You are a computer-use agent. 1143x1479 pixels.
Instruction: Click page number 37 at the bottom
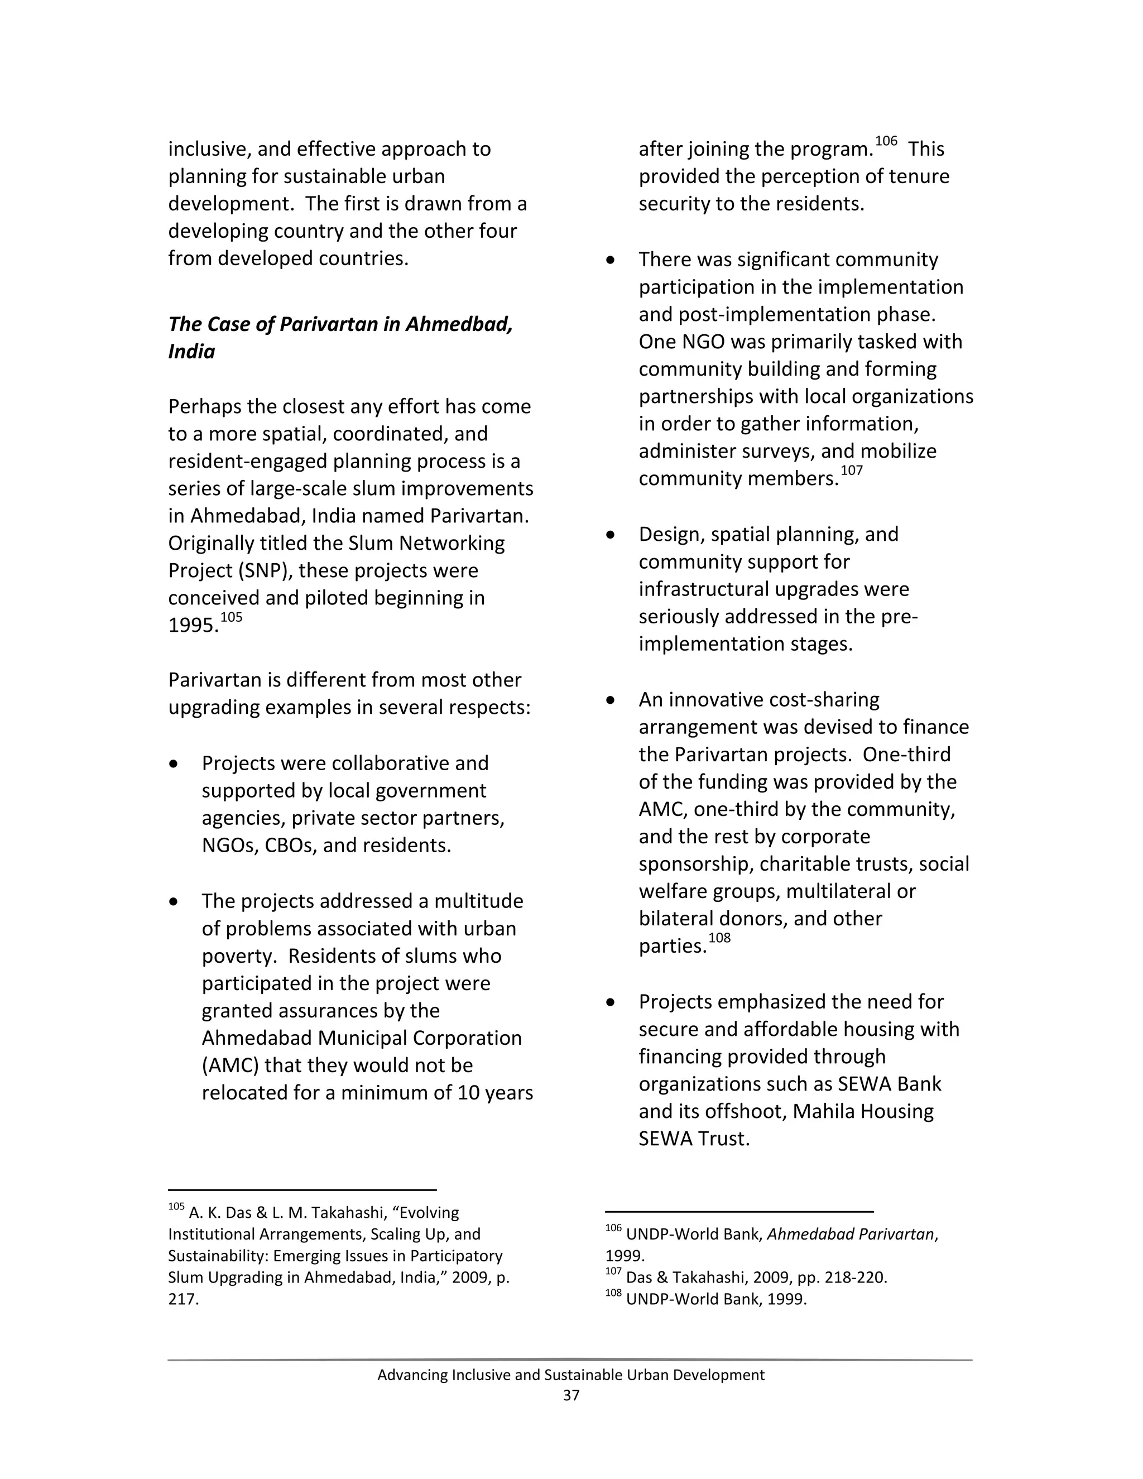click(x=571, y=1396)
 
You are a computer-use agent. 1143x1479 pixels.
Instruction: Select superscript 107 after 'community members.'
click(x=851, y=470)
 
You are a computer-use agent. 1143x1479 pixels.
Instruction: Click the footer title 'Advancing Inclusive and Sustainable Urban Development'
click(x=571, y=1375)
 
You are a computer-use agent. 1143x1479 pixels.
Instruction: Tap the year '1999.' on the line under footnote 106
click(x=625, y=1256)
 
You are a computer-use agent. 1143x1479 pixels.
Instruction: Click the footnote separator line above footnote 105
click(x=302, y=1190)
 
